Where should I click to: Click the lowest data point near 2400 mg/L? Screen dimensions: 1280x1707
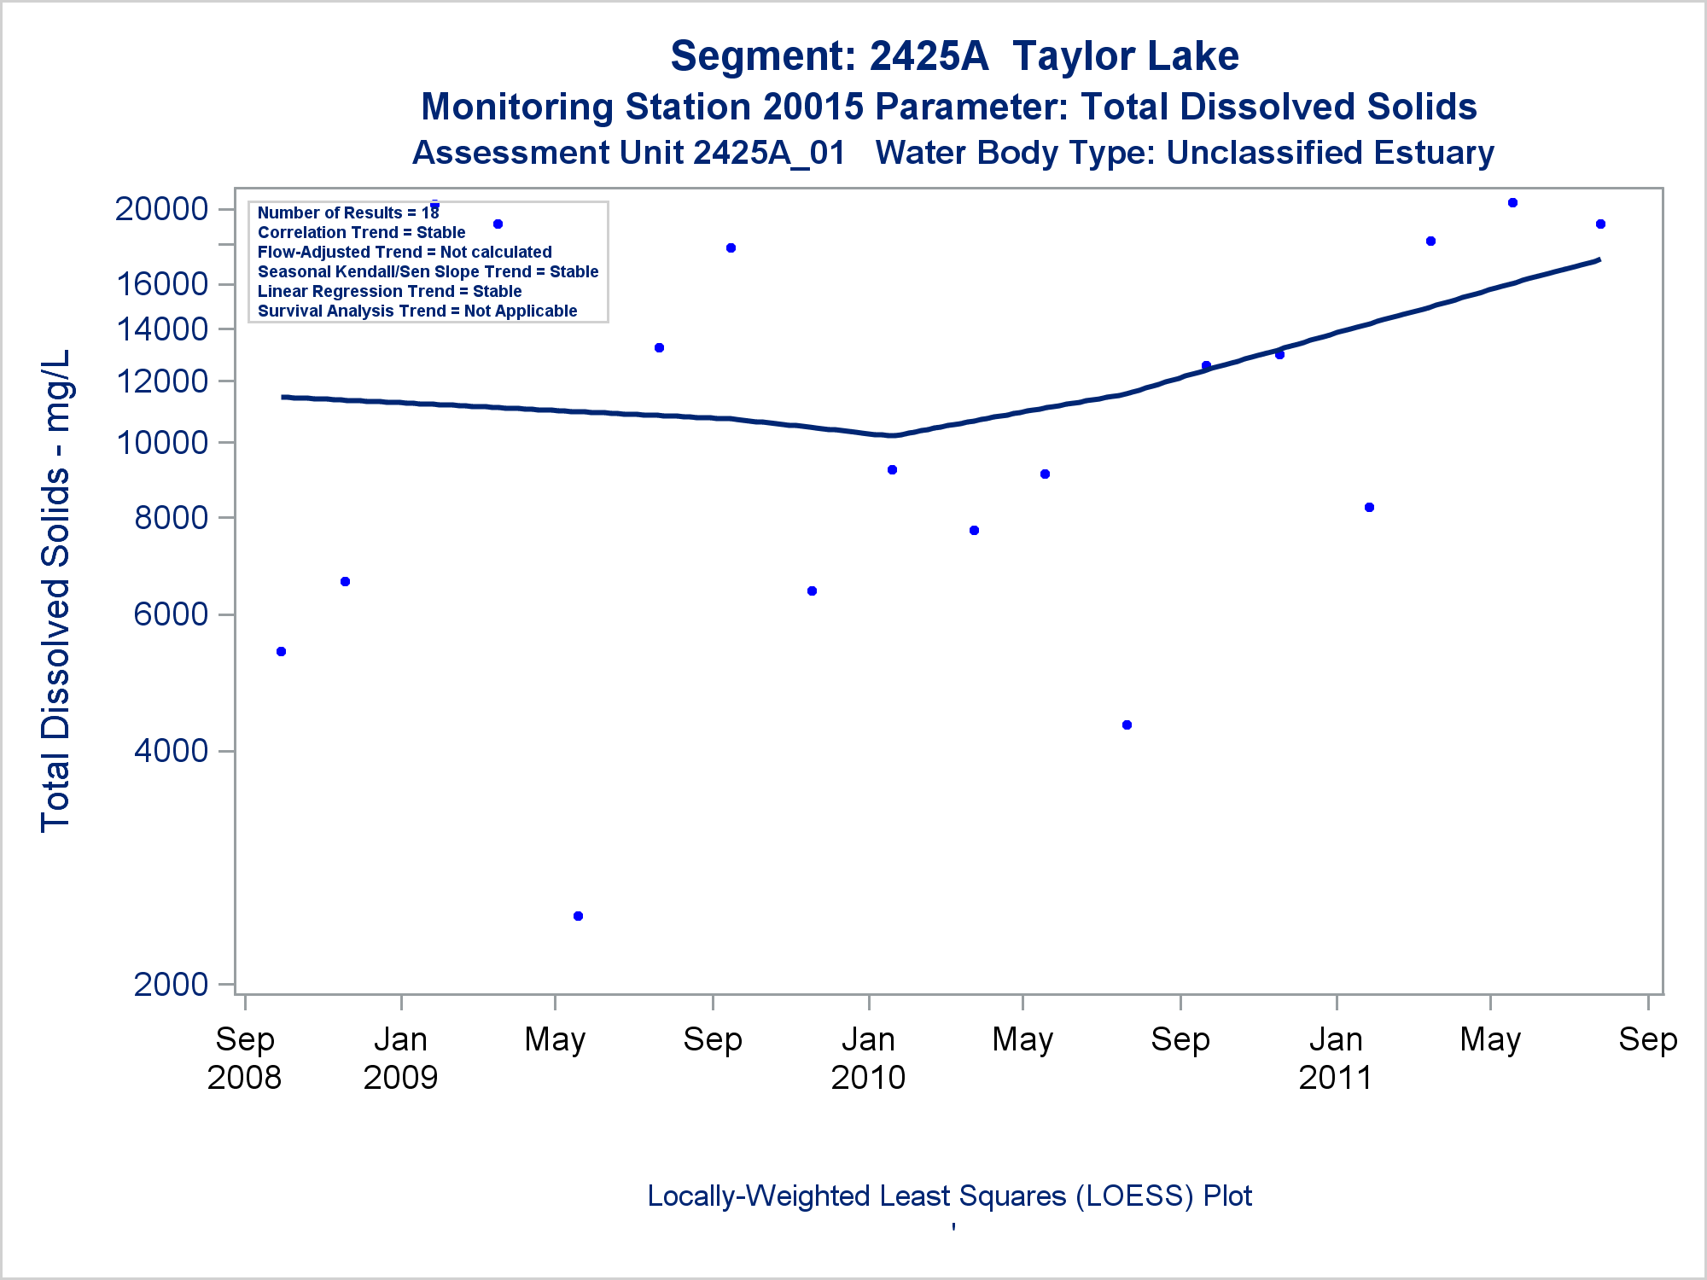pos(578,916)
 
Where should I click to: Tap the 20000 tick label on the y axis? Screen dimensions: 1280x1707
pos(161,209)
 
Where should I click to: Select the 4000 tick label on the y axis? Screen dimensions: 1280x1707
pos(171,751)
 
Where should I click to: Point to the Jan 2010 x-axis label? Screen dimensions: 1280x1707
pos(868,1058)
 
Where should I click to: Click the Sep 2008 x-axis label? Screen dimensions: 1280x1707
pos(244,1058)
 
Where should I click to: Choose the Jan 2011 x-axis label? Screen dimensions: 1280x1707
pos(1336,1058)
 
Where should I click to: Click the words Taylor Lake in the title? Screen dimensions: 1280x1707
pos(1125,56)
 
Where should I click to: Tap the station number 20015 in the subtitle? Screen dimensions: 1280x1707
pos(813,108)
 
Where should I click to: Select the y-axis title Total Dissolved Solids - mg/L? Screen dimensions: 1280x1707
pos(56,591)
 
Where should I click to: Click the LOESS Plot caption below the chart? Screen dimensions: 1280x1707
pos(949,1196)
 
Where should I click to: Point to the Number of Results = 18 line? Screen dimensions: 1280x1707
pos(348,212)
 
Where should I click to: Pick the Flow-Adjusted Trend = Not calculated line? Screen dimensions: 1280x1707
pos(405,252)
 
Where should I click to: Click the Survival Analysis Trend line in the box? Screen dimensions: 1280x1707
pos(417,311)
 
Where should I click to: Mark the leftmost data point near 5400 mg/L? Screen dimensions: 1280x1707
pos(281,652)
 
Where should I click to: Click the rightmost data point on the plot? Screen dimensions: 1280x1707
pos(1600,224)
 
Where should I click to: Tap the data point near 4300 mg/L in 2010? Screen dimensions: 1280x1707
pos(1127,725)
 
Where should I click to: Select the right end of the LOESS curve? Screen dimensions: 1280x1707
pos(1599,259)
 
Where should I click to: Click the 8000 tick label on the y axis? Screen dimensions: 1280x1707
pos(171,517)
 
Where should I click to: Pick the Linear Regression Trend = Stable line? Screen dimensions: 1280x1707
pos(389,291)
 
